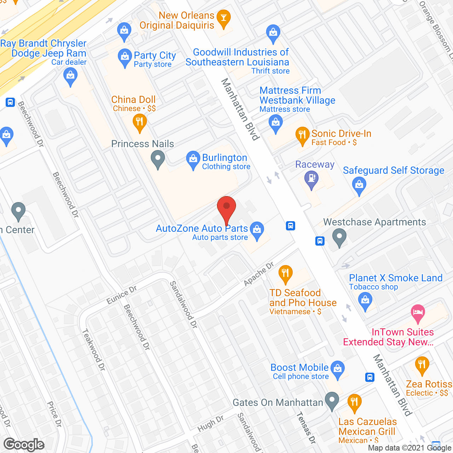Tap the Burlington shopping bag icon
(193, 160)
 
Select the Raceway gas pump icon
(311, 179)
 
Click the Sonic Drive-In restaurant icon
(302, 136)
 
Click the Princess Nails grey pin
(158, 159)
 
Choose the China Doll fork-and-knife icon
(139, 123)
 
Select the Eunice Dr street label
(122, 295)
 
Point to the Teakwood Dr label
(94, 350)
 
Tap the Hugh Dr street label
(211, 423)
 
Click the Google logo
(24, 445)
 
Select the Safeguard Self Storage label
(393, 170)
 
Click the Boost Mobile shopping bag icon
(338, 369)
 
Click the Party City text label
(155, 56)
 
